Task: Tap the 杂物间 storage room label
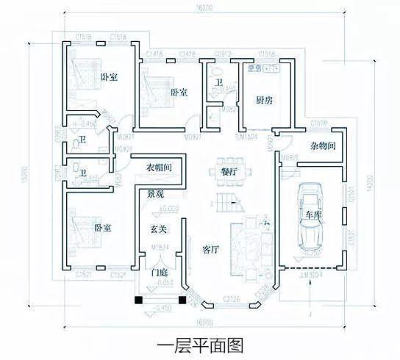click(323, 146)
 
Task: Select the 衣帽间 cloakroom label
click(160, 168)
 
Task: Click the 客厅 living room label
click(212, 250)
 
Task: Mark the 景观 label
click(155, 195)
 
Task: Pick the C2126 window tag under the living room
click(230, 298)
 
